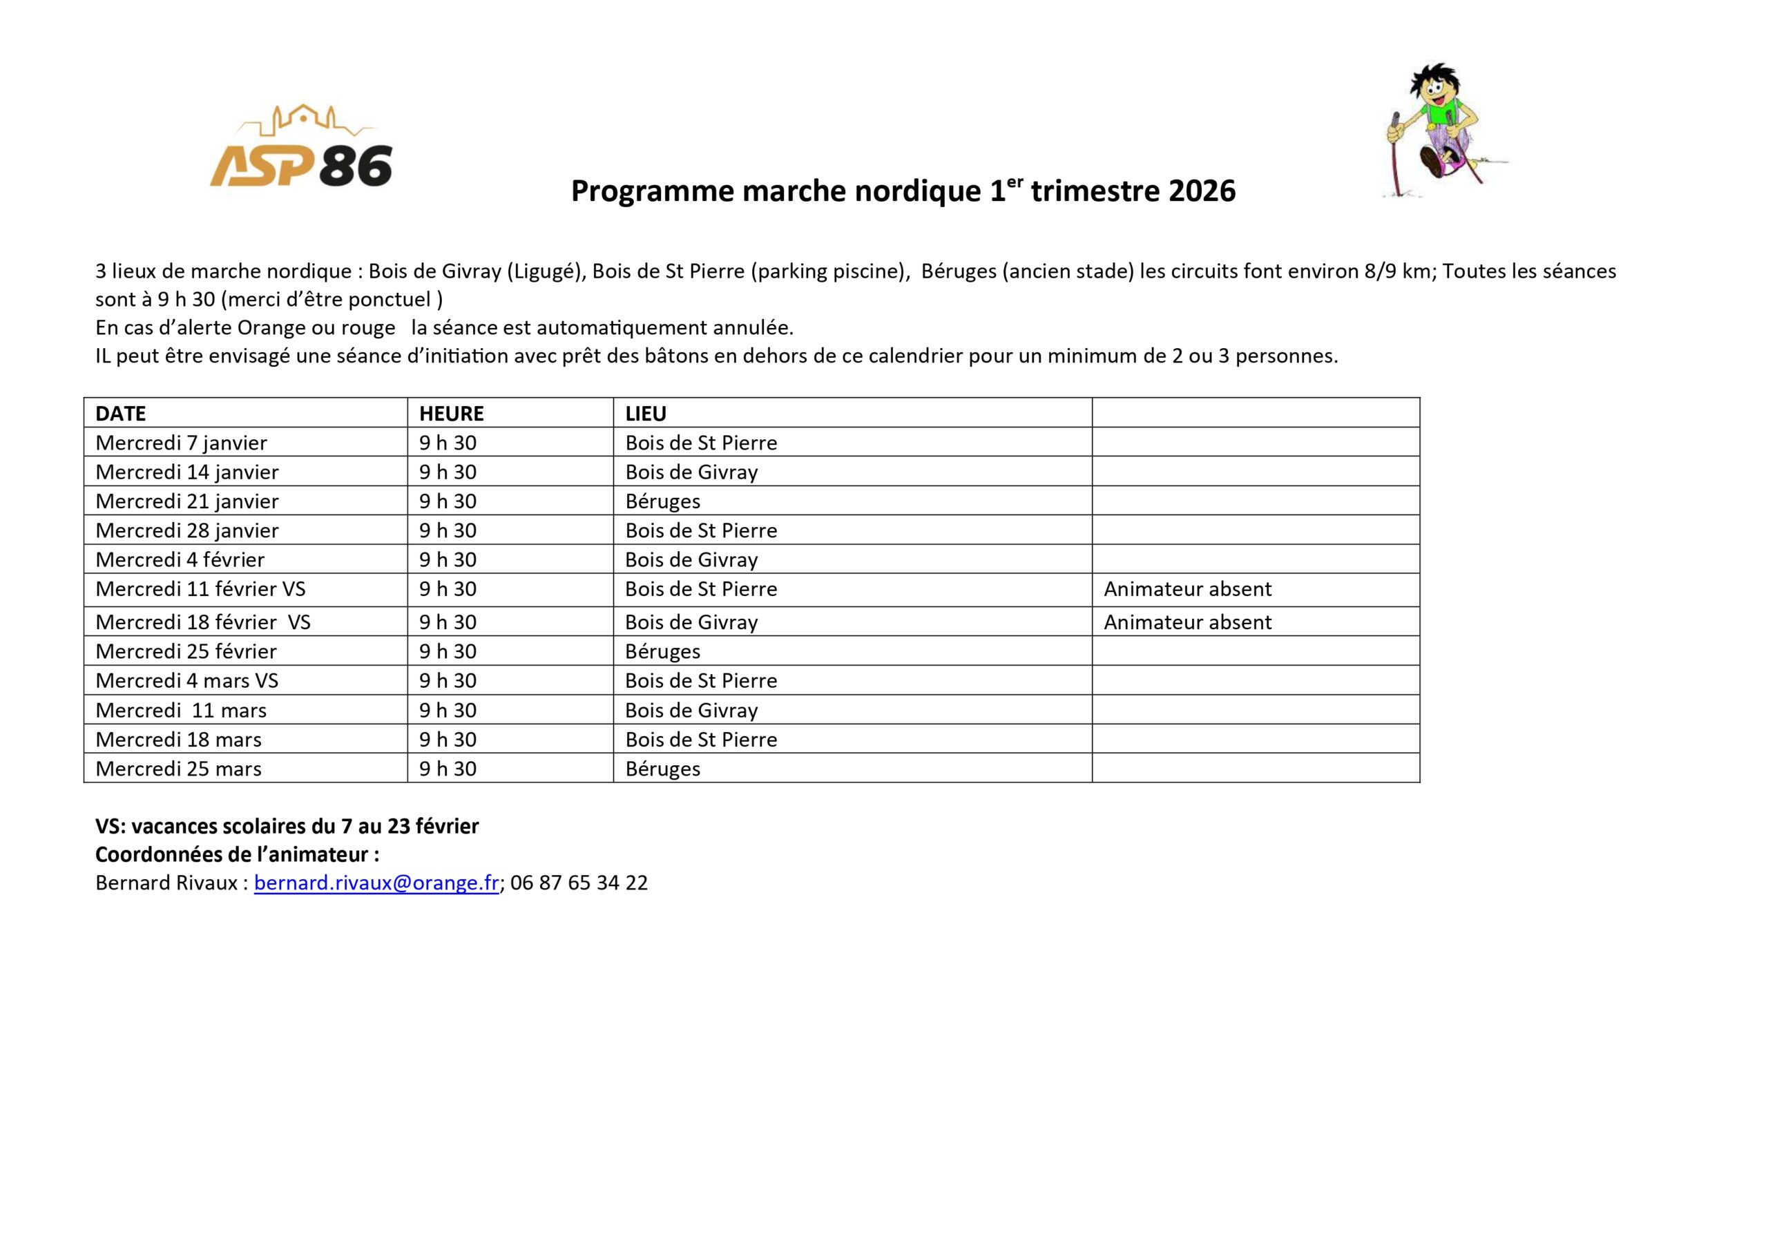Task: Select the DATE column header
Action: pos(121,414)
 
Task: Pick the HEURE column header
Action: pos(451,414)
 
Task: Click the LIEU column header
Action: pos(645,414)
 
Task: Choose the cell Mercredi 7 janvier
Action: pos(181,443)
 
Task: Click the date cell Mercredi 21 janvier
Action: pos(186,501)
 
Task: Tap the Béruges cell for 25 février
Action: pos(662,651)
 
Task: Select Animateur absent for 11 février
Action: pos(1186,589)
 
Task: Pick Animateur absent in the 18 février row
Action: pos(1186,622)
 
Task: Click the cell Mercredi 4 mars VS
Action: pos(186,681)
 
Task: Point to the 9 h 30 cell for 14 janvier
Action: pos(448,472)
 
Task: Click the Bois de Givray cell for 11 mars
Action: pos(691,710)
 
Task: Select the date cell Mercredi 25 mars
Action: pos(178,769)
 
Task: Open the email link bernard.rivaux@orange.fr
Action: pos(376,883)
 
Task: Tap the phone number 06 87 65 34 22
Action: pos(578,883)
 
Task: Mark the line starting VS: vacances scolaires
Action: pos(287,827)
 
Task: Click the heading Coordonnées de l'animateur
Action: pos(236,855)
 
